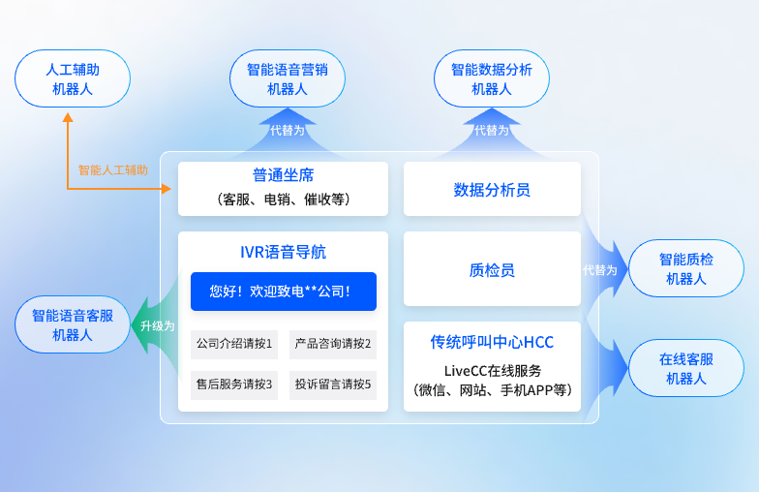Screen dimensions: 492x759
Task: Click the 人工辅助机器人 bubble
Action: (x=73, y=78)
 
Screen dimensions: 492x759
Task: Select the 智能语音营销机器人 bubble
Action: (x=287, y=78)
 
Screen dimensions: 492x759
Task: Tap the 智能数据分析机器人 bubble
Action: (x=491, y=78)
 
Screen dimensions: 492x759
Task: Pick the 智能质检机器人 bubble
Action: (x=685, y=268)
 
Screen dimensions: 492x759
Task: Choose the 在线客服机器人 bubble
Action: (x=685, y=368)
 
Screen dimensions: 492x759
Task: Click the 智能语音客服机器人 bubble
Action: (x=73, y=324)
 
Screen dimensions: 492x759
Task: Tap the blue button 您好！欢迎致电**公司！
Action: (x=283, y=291)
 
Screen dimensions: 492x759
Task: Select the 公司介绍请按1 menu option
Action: (x=234, y=343)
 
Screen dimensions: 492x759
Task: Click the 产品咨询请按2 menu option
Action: (x=333, y=343)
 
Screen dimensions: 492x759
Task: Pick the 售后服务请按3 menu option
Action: (x=234, y=384)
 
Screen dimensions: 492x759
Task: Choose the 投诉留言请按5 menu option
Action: (x=333, y=384)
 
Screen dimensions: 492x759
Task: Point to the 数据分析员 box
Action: (x=492, y=189)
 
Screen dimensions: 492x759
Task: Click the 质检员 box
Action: (x=492, y=269)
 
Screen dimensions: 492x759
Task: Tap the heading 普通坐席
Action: (x=283, y=175)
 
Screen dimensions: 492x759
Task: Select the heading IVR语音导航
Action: (x=283, y=253)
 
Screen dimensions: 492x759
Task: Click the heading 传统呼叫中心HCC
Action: (x=492, y=342)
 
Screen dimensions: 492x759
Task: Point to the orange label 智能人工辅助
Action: (x=113, y=169)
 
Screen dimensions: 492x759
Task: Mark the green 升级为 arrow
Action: (x=157, y=325)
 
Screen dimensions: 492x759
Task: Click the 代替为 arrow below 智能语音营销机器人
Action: (x=287, y=130)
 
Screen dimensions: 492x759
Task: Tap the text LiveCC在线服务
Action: (x=492, y=370)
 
